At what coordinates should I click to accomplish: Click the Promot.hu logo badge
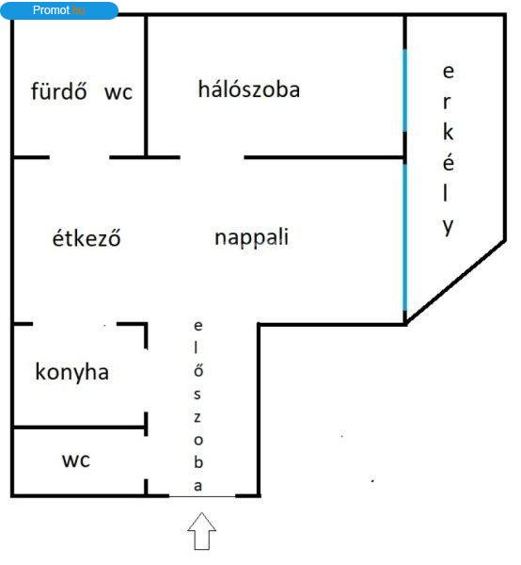(x=59, y=10)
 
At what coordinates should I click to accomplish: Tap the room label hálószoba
(x=249, y=89)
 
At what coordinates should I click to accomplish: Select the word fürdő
(x=58, y=90)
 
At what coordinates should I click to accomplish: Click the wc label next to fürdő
(x=118, y=92)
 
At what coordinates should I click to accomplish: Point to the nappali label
(x=251, y=237)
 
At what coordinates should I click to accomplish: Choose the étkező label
(x=87, y=238)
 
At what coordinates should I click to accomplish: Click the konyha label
(x=72, y=372)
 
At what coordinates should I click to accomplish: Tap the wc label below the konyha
(x=76, y=460)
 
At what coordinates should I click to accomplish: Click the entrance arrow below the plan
(x=202, y=531)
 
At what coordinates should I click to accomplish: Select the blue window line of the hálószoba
(x=405, y=90)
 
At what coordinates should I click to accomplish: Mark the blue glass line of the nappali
(x=405, y=237)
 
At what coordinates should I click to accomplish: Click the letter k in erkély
(x=448, y=132)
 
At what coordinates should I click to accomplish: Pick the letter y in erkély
(x=448, y=227)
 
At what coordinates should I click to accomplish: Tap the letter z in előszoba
(x=197, y=417)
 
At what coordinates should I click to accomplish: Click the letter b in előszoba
(x=198, y=461)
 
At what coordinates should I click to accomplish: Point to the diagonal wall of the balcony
(x=455, y=282)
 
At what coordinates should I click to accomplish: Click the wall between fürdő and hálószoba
(x=146, y=86)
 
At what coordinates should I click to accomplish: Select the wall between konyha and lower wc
(x=78, y=428)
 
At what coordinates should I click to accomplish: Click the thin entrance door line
(x=202, y=496)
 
